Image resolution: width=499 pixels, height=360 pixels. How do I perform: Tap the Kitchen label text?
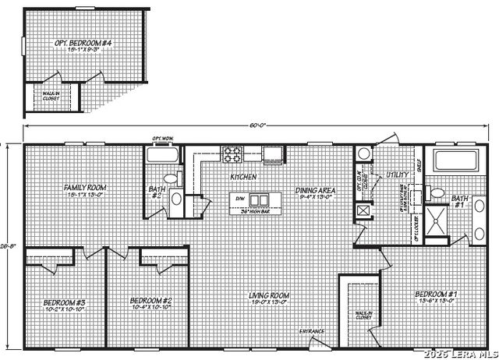pos(243,177)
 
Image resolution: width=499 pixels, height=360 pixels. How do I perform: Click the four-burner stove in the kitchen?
pos(233,154)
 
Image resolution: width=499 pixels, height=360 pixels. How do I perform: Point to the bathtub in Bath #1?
pos(455,162)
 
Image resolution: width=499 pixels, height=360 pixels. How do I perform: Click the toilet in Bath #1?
pos(437,193)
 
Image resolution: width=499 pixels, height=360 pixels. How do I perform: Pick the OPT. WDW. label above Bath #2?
pos(163,140)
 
